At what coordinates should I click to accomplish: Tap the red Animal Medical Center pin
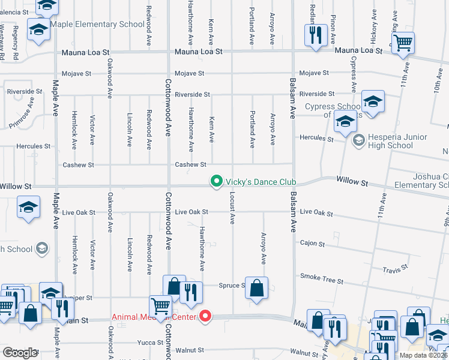tap(205, 316)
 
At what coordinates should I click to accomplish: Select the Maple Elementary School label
tap(97, 24)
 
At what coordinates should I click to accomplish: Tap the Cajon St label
tap(312, 244)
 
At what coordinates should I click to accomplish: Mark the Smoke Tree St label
tap(322, 280)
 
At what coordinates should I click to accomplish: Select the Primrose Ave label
tap(22, 118)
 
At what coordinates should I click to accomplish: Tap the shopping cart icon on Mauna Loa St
tap(403, 43)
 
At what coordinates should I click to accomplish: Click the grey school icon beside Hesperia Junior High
tap(359, 141)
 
